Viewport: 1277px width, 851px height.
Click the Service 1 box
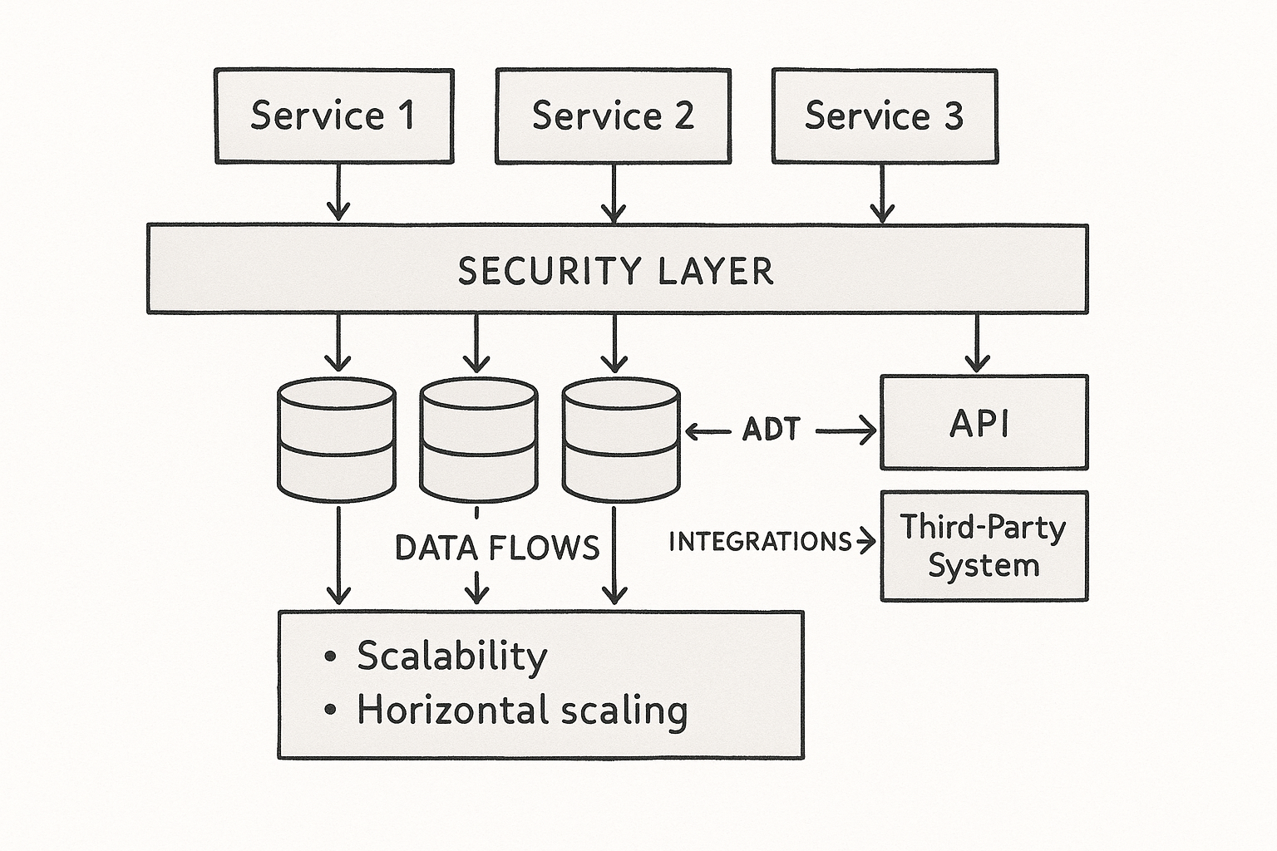click(333, 116)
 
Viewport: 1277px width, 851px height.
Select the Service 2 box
click(613, 116)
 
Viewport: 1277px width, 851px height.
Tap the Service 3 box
click(885, 116)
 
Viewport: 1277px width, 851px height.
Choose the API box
click(984, 423)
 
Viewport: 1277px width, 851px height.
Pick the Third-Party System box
click(984, 546)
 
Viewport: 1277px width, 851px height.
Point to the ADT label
click(772, 430)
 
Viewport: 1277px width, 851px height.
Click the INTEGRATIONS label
click(760, 542)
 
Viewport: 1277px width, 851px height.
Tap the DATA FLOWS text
click(496, 548)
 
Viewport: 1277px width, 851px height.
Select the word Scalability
click(452, 657)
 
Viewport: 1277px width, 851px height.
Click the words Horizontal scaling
click(522, 711)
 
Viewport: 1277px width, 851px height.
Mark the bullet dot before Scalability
click(330, 657)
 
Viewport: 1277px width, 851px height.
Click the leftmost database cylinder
click(336, 440)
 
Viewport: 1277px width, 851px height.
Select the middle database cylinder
click(478, 440)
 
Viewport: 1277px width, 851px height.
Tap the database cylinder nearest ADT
click(621, 440)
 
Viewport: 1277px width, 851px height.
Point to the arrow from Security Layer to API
click(977, 342)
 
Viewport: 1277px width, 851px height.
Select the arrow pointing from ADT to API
click(846, 430)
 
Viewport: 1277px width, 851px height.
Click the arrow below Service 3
click(882, 194)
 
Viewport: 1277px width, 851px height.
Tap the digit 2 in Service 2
click(683, 116)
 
